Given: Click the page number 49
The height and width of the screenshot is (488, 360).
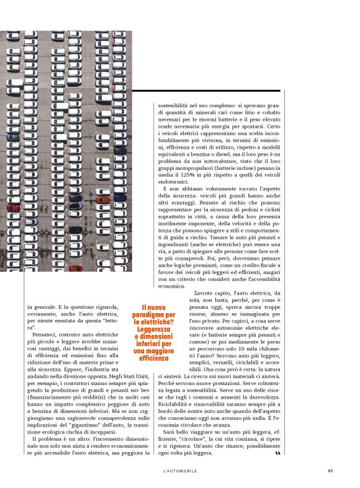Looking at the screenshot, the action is (330, 470).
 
